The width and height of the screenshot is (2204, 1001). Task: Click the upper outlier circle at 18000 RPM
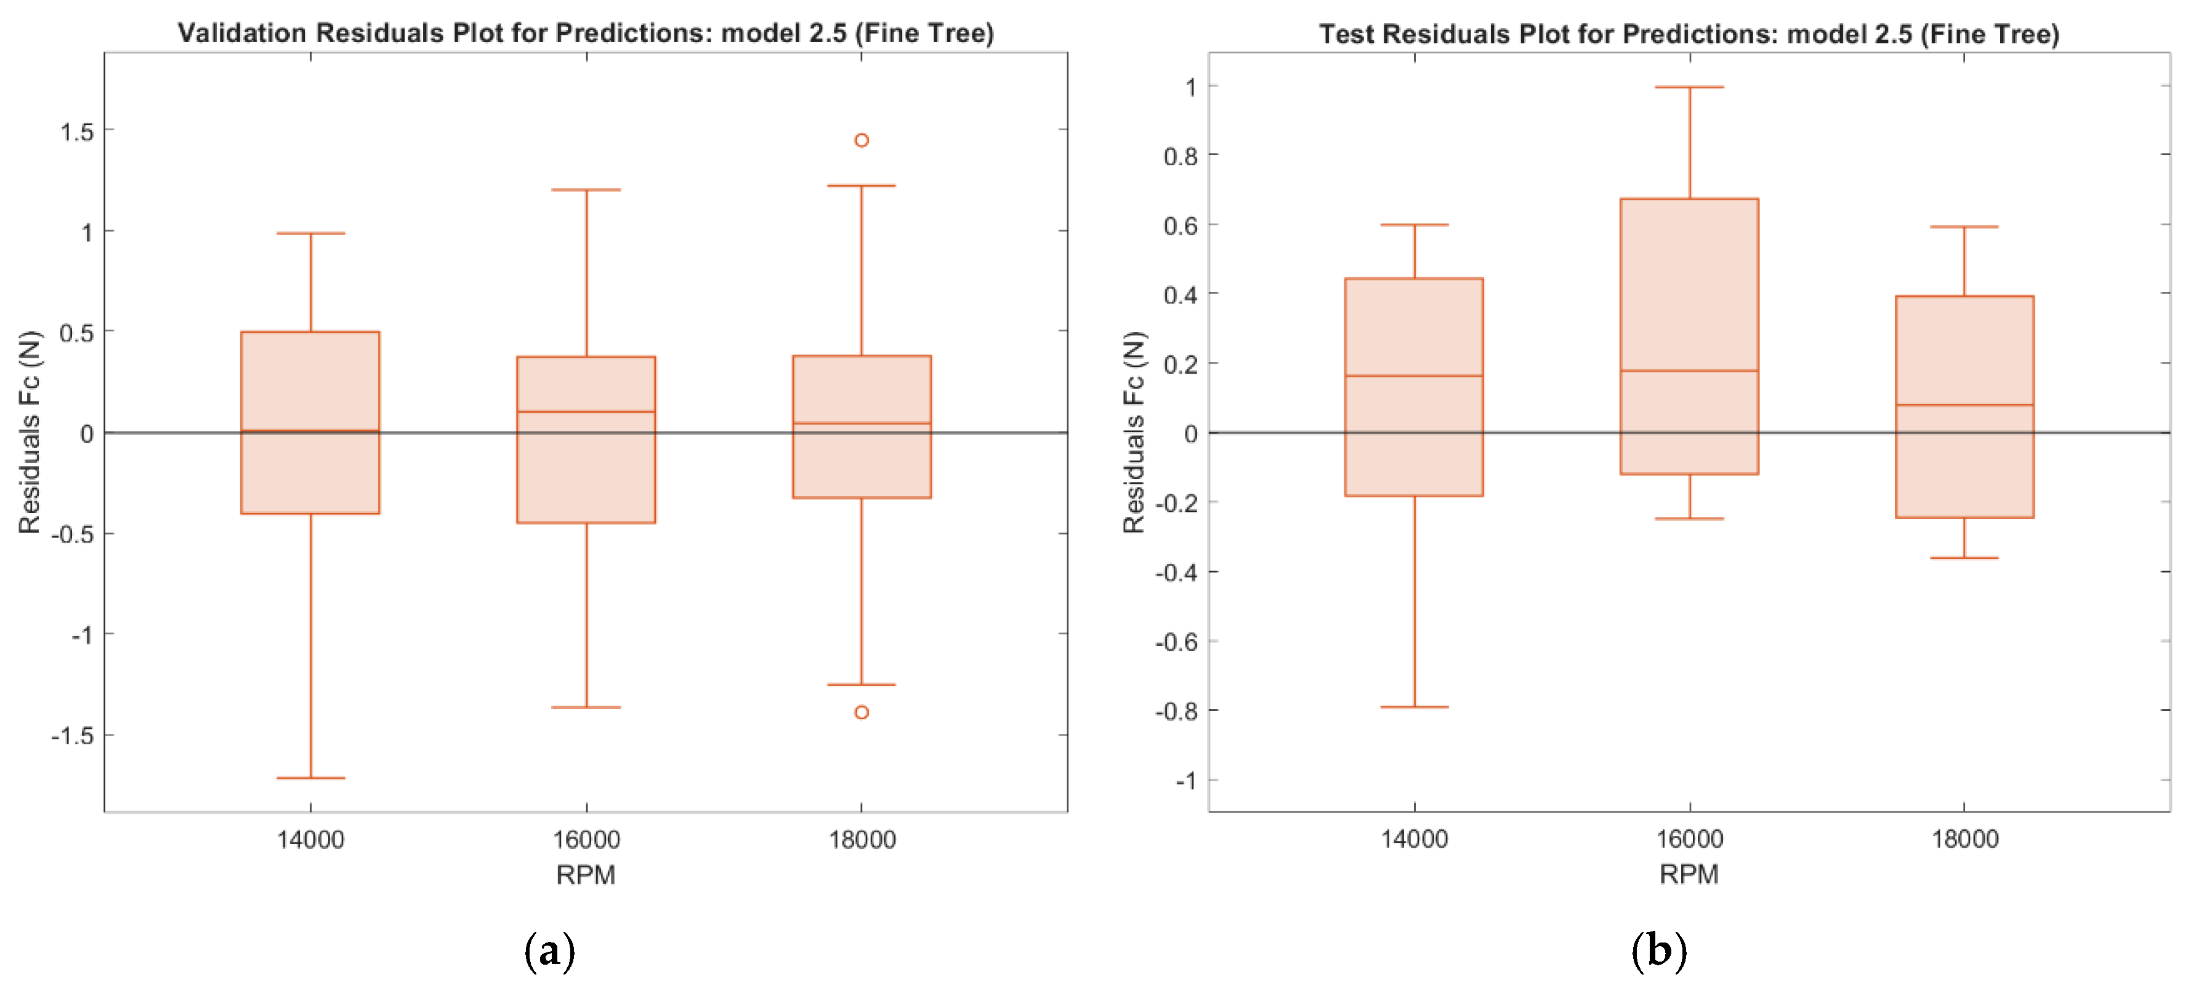pyautogui.click(x=862, y=140)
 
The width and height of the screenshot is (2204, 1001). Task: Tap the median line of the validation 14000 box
pyautogui.click(x=310, y=430)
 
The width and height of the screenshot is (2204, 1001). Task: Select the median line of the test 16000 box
pyautogui.click(x=1689, y=371)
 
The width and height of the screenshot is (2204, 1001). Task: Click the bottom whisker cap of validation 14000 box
pyautogui.click(x=310, y=778)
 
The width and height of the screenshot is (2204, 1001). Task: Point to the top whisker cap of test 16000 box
pyautogui.click(x=1689, y=87)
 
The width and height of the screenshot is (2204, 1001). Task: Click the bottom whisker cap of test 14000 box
pyautogui.click(x=1415, y=707)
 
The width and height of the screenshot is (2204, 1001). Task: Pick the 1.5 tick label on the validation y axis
pyautogui.click(x=76, y=132)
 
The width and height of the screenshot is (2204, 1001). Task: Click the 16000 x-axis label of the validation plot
pyautogui.click(x=586, y=839)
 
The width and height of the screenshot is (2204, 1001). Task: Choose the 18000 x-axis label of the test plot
pyautogui.click(x=1964, y=838)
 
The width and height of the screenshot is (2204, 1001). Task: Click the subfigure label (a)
pyautogui.click(x=549, y=951)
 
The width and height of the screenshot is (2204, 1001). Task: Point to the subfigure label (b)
pyautogui.click(x=1658, y=951)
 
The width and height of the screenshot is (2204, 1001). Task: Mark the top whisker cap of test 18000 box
pyautogui.click(x=1964, y=227)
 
